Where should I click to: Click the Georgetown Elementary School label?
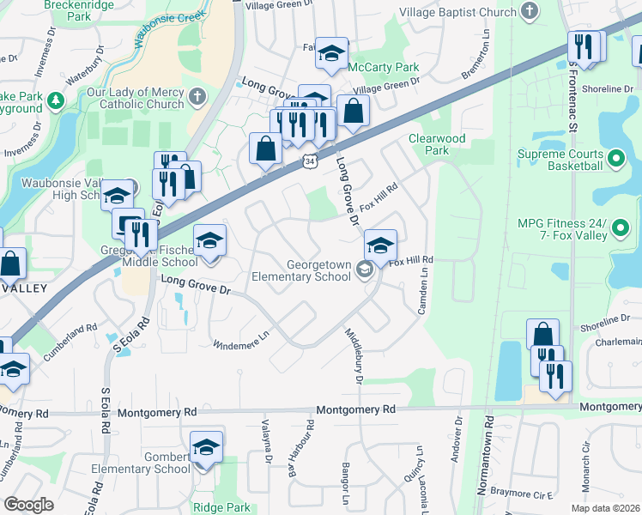[301, 271]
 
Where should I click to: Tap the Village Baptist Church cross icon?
[530, 12]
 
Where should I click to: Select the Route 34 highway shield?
[307, 161]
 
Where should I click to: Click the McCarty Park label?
[389, 67]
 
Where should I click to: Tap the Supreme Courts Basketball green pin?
[615, 159]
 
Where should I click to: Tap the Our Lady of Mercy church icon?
[197, 94]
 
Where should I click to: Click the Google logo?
[29, 505]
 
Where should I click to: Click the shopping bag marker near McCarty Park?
[353, 111]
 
